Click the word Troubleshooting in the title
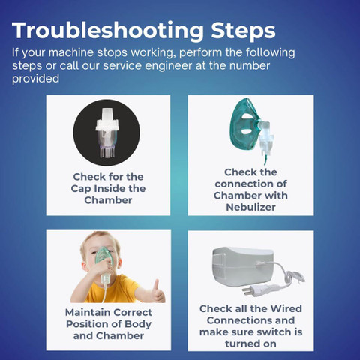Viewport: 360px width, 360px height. click(108, 31)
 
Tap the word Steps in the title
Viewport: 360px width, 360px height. click(243, 30)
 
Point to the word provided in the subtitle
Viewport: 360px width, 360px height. click(35, 79)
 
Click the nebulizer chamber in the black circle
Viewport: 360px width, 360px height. click(106, 133)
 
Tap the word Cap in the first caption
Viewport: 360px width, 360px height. click(80, 189)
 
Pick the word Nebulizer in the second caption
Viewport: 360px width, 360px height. click(250, 207)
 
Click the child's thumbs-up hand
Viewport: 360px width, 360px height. click(157, 292)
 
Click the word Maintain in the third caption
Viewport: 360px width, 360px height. click(87, 312)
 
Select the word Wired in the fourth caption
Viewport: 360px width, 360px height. click(286, 308)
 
